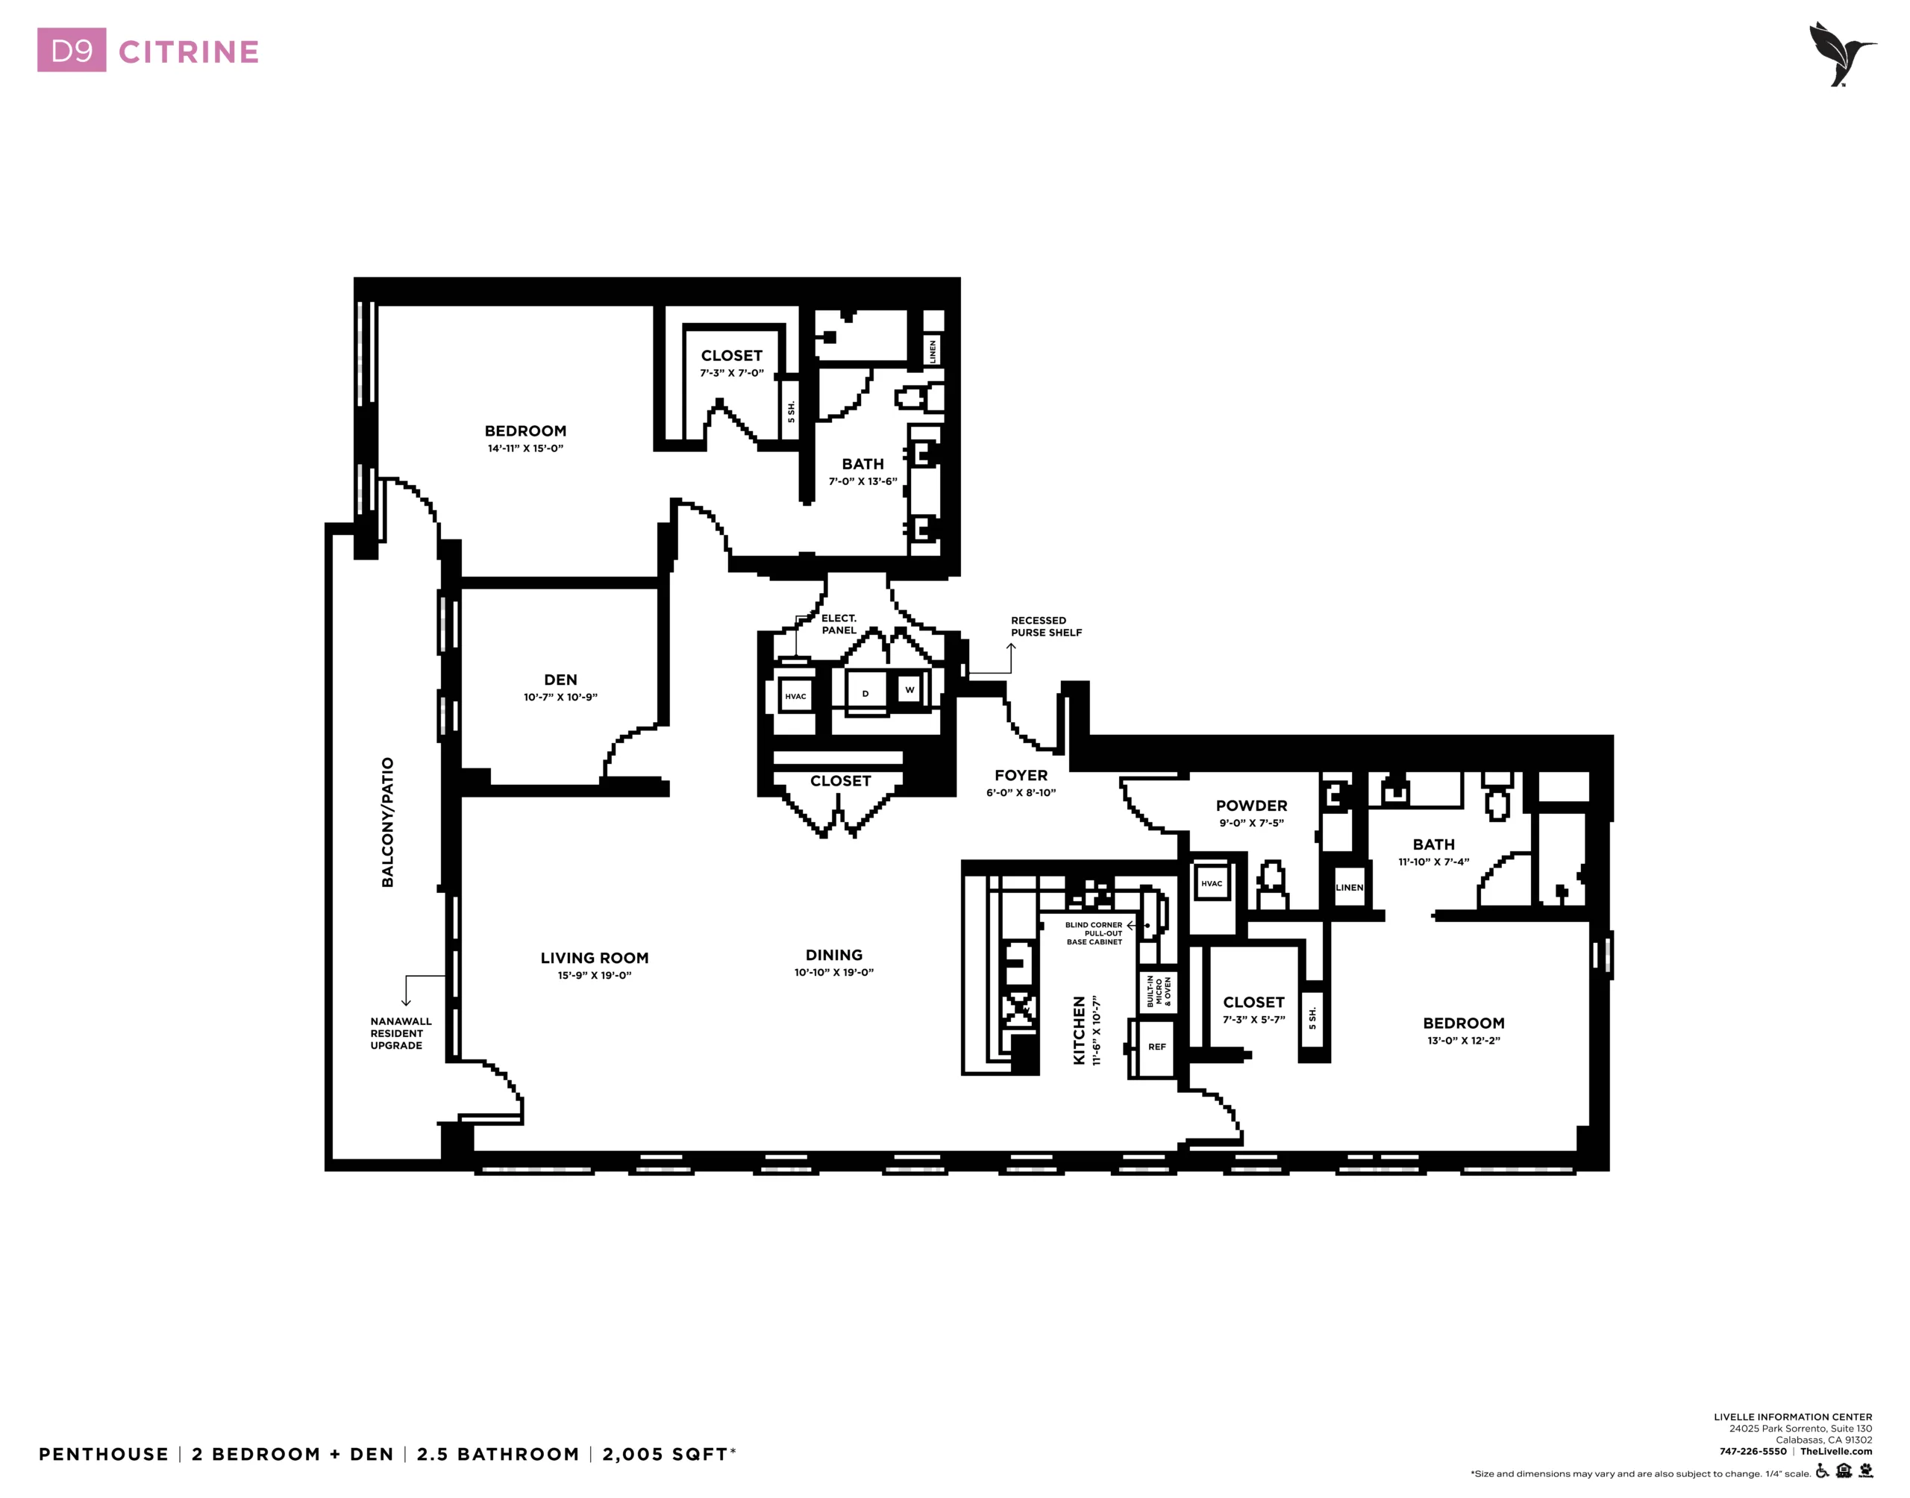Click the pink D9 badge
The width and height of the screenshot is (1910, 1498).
[72, 51]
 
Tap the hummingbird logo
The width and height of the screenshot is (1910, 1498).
[1841, 54]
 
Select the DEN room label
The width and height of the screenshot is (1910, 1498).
[560, 680]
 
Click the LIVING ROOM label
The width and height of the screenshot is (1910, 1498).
[595, 958]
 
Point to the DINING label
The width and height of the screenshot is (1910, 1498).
[834, 955]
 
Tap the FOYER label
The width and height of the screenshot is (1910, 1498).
[1021, 775]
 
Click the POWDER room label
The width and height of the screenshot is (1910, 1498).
[1251, 805]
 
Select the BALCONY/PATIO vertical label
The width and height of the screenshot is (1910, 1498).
[388, 823]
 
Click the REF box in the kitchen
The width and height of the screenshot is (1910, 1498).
[1156, 1047]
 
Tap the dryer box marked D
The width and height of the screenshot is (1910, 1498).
[865, 694]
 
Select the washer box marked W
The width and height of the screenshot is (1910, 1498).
[909, 689]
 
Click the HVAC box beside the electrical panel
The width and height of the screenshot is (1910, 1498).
[795, 696]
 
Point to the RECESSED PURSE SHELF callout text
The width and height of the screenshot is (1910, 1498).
[1046, 626]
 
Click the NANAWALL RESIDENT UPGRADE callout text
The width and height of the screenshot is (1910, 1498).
[401, 1033]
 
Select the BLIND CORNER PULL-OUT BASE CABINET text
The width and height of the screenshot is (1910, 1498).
[1094, 933]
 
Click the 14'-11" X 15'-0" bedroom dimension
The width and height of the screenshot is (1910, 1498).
[525, 448]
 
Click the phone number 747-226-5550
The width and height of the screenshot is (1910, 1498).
[1753, 1452]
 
